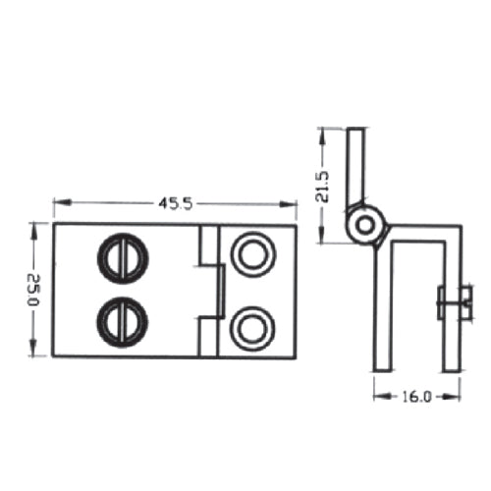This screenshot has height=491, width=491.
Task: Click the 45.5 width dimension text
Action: tap(174, 203)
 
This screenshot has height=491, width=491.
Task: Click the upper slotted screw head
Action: tap(122, 257)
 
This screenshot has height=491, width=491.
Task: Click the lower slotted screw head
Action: tap(122, 320)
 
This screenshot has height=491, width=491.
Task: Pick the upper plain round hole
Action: tap(252, 253)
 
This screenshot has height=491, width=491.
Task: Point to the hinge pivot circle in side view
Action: tap(365, 225)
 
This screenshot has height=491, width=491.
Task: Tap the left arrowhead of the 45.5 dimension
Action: tap(56, 203)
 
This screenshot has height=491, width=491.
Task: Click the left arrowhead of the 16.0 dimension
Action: tap(377, 397)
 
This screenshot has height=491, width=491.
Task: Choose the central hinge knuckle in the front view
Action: tap(208, 290)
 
